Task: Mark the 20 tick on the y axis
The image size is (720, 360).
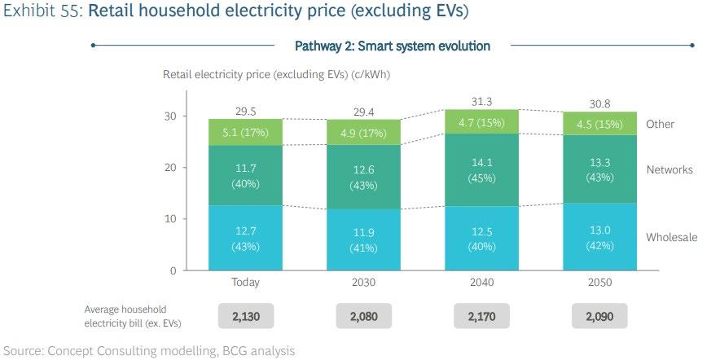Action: click(x=170, y=168)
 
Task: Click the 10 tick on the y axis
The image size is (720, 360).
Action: click(x=170, y=219)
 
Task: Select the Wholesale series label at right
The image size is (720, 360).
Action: click(x=672, y=238)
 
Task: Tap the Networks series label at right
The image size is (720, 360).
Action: click(x=670, y=169)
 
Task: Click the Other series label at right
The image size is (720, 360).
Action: click(x=661, y=124)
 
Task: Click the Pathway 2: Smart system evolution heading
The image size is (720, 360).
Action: click(x=392, y=46)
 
